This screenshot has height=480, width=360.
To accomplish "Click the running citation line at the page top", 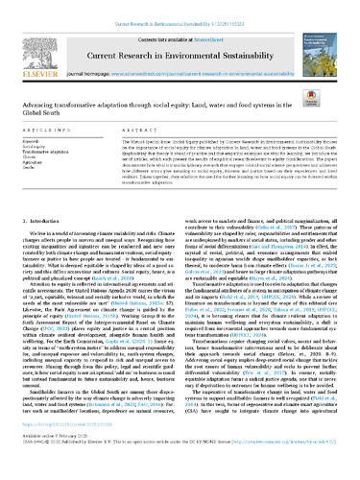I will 180,8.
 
